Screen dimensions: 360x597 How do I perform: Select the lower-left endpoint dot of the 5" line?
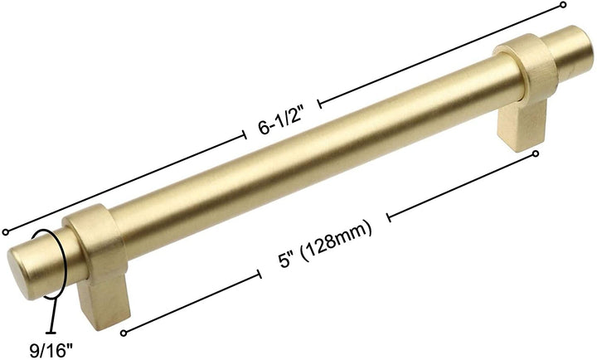(124, 333)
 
